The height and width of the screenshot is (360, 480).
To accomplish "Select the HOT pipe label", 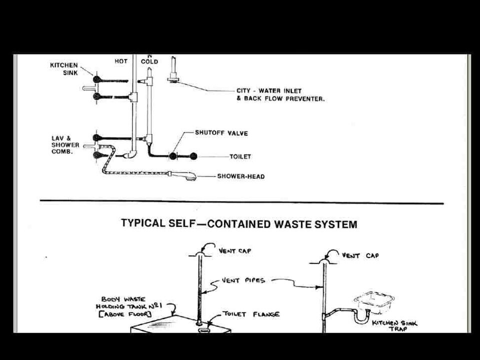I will pyautogui.click(x=121, y=61).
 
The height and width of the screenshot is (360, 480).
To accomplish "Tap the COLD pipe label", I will pyautogui.click(x=149, y=61).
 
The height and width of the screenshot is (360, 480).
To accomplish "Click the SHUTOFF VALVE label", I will pyautogui.click(x=221, y=133).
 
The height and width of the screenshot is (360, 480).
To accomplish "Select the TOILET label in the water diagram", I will pyautogui.click(x=240, y=156).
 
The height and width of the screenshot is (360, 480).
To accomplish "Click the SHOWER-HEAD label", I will pyautogui.click(x=241, y=176).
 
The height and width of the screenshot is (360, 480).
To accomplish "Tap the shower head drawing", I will pyautogui.click(x=184, y=175).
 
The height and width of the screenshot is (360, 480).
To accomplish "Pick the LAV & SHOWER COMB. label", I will pyautogui.click(x=65, y=144).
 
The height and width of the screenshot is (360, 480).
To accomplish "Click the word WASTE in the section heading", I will pyautogui.click(x=297, y=224).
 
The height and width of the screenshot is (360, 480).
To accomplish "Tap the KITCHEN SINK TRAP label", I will pyautogui.click(x=394, y=325).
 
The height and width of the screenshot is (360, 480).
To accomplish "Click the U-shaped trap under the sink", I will pyautogui.click(x=361, y=315).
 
